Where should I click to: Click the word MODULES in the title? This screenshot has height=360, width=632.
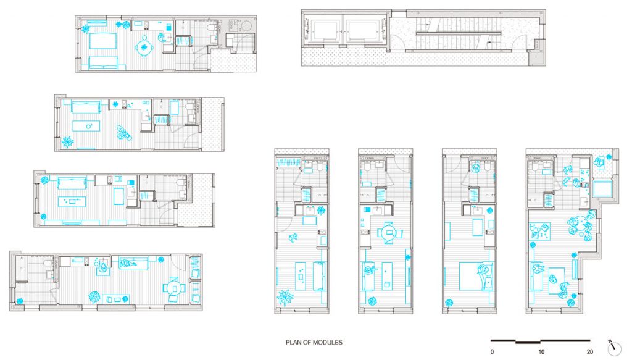coord(329,343)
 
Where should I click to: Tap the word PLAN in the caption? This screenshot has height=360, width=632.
coord(293,343)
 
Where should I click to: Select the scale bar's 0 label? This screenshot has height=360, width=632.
coord(492,352)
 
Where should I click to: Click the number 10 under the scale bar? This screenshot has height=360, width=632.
coord(541,352)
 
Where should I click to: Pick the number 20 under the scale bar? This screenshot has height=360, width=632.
coord(590,352)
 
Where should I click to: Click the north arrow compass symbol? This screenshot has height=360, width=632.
coord(614,346)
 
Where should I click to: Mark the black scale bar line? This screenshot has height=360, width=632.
coord(541,341)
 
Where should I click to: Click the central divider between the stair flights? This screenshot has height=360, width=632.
coord(459,34)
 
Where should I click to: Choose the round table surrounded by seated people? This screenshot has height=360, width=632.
coord(579,225)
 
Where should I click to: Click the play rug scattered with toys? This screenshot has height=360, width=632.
coord(539,232)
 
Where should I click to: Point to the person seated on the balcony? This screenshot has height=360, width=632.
coord(599,162)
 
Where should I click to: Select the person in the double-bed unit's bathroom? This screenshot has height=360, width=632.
coord(476,167)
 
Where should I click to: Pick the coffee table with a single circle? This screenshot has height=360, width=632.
coord(86,126)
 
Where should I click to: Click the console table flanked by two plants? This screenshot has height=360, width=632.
coord(116,299)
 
